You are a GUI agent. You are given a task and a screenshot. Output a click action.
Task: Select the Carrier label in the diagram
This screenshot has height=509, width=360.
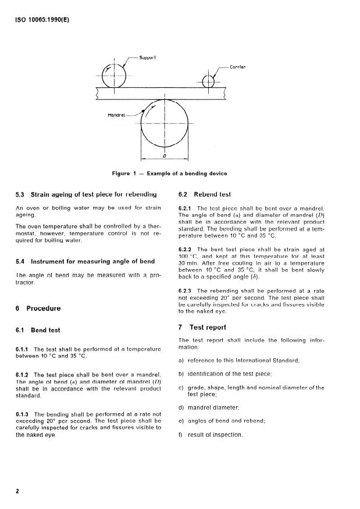(237, 67)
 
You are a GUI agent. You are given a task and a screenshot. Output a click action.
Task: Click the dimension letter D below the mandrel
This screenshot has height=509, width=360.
(165, 156)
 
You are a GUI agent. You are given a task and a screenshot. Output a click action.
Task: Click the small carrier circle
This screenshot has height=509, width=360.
(208, 81)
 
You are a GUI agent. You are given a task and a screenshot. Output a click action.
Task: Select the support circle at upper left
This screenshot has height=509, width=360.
(115, 73)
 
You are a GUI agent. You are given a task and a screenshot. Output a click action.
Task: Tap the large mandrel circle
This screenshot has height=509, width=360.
(165, 124)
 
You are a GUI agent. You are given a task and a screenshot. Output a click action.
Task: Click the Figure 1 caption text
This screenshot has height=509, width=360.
(169, 173)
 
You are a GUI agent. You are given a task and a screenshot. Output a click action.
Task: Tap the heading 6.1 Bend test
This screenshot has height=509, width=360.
(38, 330)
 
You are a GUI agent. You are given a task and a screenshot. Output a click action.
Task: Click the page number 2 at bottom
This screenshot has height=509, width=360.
(17, 491)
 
